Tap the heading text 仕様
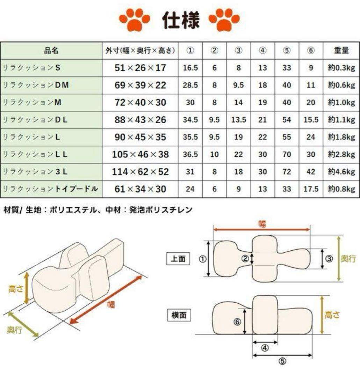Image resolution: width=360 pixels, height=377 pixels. pyautogui.click(x=180, y=20)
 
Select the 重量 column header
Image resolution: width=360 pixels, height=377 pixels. pyautogui.click(x=341, y=51)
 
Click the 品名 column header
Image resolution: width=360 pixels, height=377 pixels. pyautogui.click(x=51, y=51)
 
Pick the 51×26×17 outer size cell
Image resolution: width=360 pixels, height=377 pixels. pyautogui.click(x=140, y=68)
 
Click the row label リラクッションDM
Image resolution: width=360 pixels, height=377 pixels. pyautogui.click(x=36, y=85)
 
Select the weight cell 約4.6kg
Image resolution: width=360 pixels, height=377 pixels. pyautogui.click(x=341, y=172)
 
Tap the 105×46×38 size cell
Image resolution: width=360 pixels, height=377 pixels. pyautogui.click(x=140, y=154)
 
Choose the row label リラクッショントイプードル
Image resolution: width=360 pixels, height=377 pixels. pyautogui.click(x=50, y=189)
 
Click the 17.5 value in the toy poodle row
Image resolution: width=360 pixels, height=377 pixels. pyautogui.click(x=311, y=189)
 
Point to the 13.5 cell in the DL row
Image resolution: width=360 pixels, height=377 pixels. pyautogui.click(x=238, y=120)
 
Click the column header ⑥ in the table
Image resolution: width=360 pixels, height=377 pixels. pyautogui.click(x=311, y=51)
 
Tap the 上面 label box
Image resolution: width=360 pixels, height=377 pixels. pyautogui.click(x=178, y=259)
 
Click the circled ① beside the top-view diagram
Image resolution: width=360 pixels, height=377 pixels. pyautogui.click(x=202, y=259)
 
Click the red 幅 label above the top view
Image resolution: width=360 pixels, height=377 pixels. pyautogui.click(x=262, y=224)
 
